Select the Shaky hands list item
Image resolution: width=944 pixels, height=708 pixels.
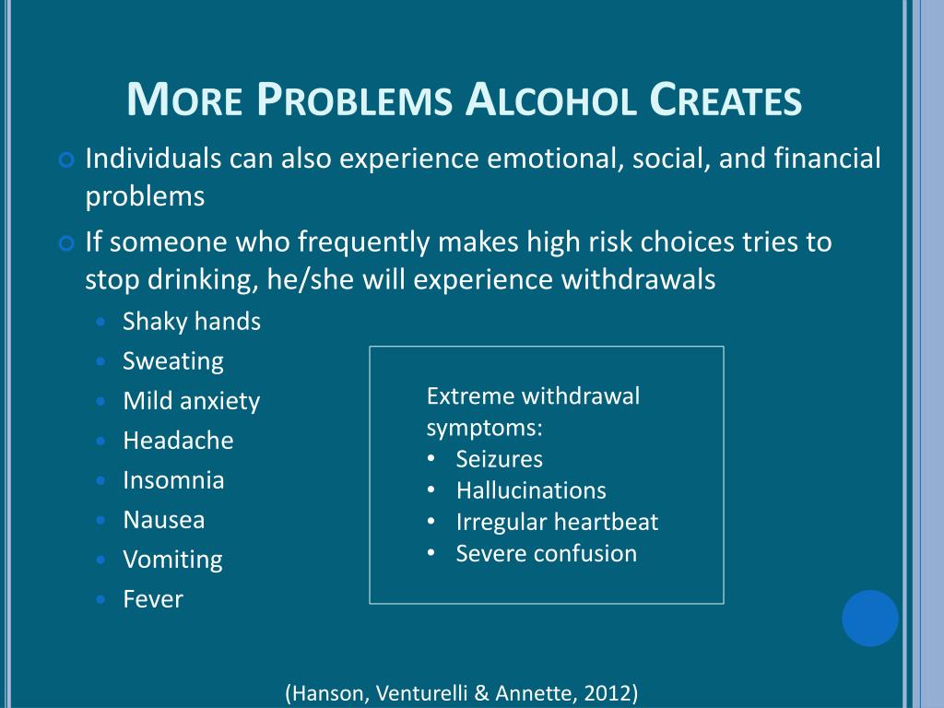[x=192, y=322]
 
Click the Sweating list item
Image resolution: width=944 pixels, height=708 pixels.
[x=173, y=361]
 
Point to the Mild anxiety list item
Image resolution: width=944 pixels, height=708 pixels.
[x=192, y=401]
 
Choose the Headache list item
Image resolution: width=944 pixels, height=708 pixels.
[x=178, y=441]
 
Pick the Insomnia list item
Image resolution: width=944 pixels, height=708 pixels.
[x=173, y=480]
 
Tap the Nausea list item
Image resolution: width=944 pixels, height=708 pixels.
[x=164, y=520]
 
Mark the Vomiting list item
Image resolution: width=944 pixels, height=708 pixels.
[x=172, y=560]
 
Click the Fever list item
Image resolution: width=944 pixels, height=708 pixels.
[x=153, y=599]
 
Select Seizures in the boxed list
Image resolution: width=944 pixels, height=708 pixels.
[x=499, y=459]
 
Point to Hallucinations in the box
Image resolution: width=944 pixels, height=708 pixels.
[x=531, y=490]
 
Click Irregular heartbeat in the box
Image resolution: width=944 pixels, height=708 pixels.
[x=557, y=522]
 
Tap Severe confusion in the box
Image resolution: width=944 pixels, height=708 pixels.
[x=546, y=553]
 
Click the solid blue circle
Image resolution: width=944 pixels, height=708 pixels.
[x=869, y=618]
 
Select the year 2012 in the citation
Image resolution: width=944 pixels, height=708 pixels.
[x=609, y=693]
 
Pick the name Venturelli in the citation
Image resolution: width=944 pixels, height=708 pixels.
[x=416, y=693]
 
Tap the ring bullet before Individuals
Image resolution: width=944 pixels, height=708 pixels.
[x=65, y=160]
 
